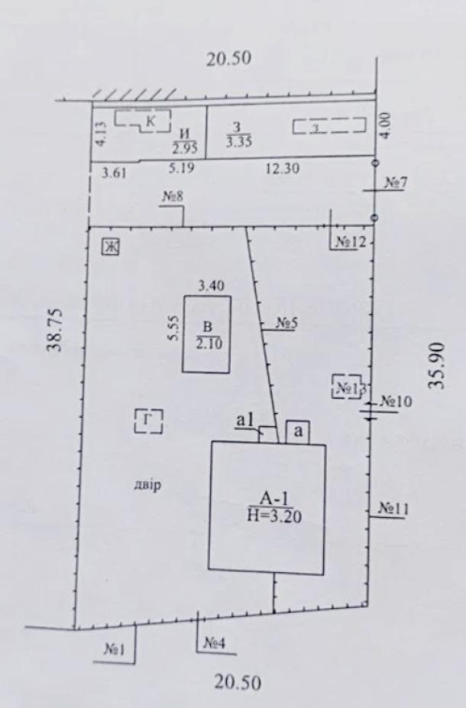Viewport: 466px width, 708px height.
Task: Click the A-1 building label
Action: click(274, 499)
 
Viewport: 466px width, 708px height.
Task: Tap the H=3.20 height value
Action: click(274, 516)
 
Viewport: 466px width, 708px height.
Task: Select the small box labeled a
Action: click(298, 432)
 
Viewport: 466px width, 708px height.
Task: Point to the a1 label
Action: click(246, 420)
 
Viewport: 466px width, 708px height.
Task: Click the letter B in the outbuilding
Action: click(208, 327)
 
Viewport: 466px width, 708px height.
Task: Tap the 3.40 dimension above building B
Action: click(212, 286)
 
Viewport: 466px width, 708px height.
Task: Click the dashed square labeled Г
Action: click(148, 421)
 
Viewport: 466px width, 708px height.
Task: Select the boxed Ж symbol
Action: click(110, 247)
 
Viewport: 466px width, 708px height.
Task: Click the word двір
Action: click(147, 486)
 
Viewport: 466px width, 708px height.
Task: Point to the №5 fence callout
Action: click(286, 323)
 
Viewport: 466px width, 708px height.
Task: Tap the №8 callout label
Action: click(173, 197)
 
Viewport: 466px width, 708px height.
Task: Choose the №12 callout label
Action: click(350, 242)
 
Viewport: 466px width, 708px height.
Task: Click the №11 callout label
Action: click(393, 509)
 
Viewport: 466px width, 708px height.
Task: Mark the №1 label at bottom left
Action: click(114, 649)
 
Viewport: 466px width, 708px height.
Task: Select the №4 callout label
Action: click(214, 642)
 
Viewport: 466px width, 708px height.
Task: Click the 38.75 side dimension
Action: click(56, 330)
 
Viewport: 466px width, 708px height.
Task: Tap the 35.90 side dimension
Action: click(437, 366)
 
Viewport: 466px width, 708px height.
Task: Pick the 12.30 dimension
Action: click(282, 169)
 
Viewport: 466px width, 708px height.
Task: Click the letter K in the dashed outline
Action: click(150, 121)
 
